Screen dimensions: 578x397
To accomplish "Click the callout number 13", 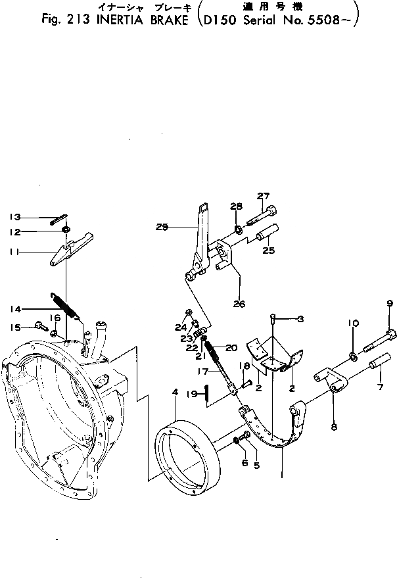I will (15, 216).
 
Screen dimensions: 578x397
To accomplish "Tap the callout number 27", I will (263, 195).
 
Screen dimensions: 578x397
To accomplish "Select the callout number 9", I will (389, 304).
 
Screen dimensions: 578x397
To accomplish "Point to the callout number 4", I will (175, 393).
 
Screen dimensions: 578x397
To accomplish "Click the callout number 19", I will (194, 394).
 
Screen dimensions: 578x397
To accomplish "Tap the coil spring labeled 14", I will (65, 305).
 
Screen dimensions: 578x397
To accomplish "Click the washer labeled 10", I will (353, 356).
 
